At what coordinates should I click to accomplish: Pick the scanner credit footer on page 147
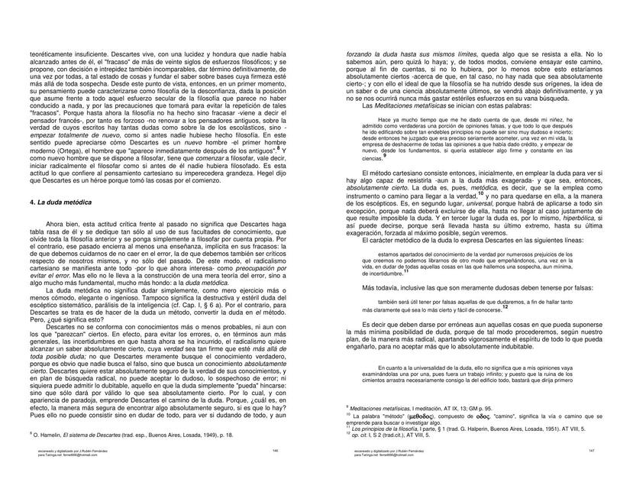point(389,452)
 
